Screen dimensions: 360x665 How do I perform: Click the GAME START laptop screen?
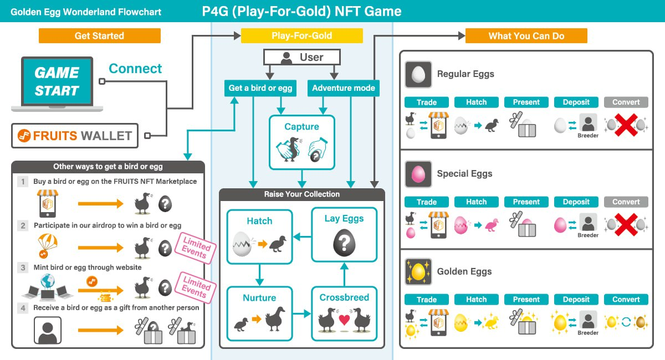point(57,81)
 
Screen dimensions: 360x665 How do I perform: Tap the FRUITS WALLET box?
point(75,136)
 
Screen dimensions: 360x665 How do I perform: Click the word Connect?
point(135,69)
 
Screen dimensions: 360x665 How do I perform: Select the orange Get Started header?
point(99,36)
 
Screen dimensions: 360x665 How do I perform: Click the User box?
point(301,57)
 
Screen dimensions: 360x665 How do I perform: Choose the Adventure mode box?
point(343,88)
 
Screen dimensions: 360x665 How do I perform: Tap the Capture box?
point(301,142)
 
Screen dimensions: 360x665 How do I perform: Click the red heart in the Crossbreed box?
point(344,320)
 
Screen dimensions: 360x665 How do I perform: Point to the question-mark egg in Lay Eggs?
point(344,242)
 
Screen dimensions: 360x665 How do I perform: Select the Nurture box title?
point(259,298)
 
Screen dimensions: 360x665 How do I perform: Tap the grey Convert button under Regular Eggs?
point(626,102)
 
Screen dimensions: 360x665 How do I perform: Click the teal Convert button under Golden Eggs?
point(626,300)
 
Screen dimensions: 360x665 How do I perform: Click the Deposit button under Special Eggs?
point(576,202)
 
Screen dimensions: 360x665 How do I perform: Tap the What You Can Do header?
point(526,36)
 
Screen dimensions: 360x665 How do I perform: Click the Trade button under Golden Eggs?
point(426,300)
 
